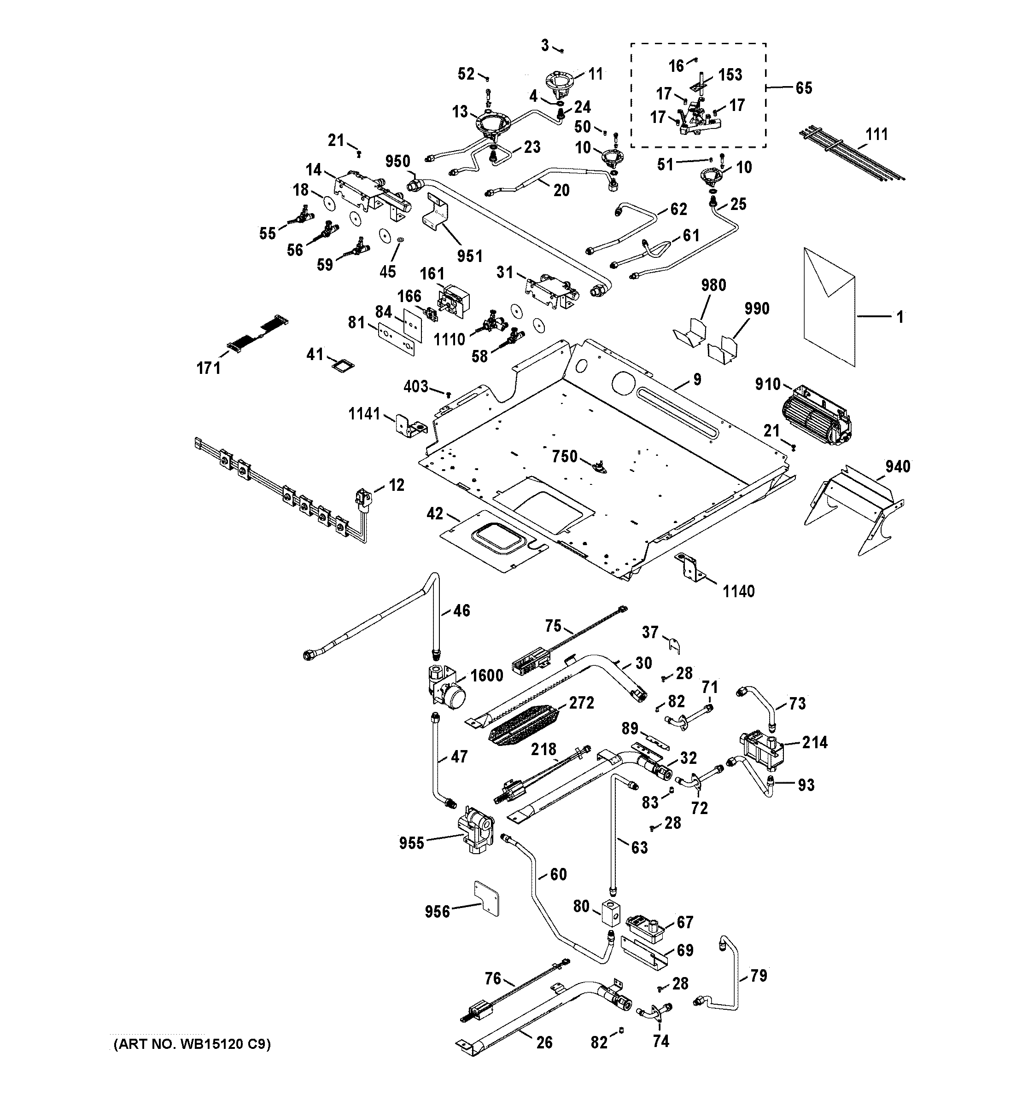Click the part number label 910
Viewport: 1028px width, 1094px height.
pyautogui.click(x=767, y=384)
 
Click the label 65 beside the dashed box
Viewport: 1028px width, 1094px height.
pyautogui.click(x=803, y=88)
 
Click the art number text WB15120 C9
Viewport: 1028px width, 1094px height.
pyautogui.click(x=192, y=1044)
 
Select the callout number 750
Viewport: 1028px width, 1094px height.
pyautogui.click(x=565, y=456)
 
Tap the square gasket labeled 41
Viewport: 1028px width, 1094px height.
pyautogui.click(x=342, y=365)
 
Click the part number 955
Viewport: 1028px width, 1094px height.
pyautogui.click(x=412, y=843)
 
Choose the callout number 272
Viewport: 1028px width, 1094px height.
pyautogui.click(x=582, y=703)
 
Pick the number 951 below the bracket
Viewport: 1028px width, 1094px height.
pyautogui.click(x=469, y=256)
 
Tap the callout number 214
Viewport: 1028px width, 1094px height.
pyautogui.click(x=814, y=743)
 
